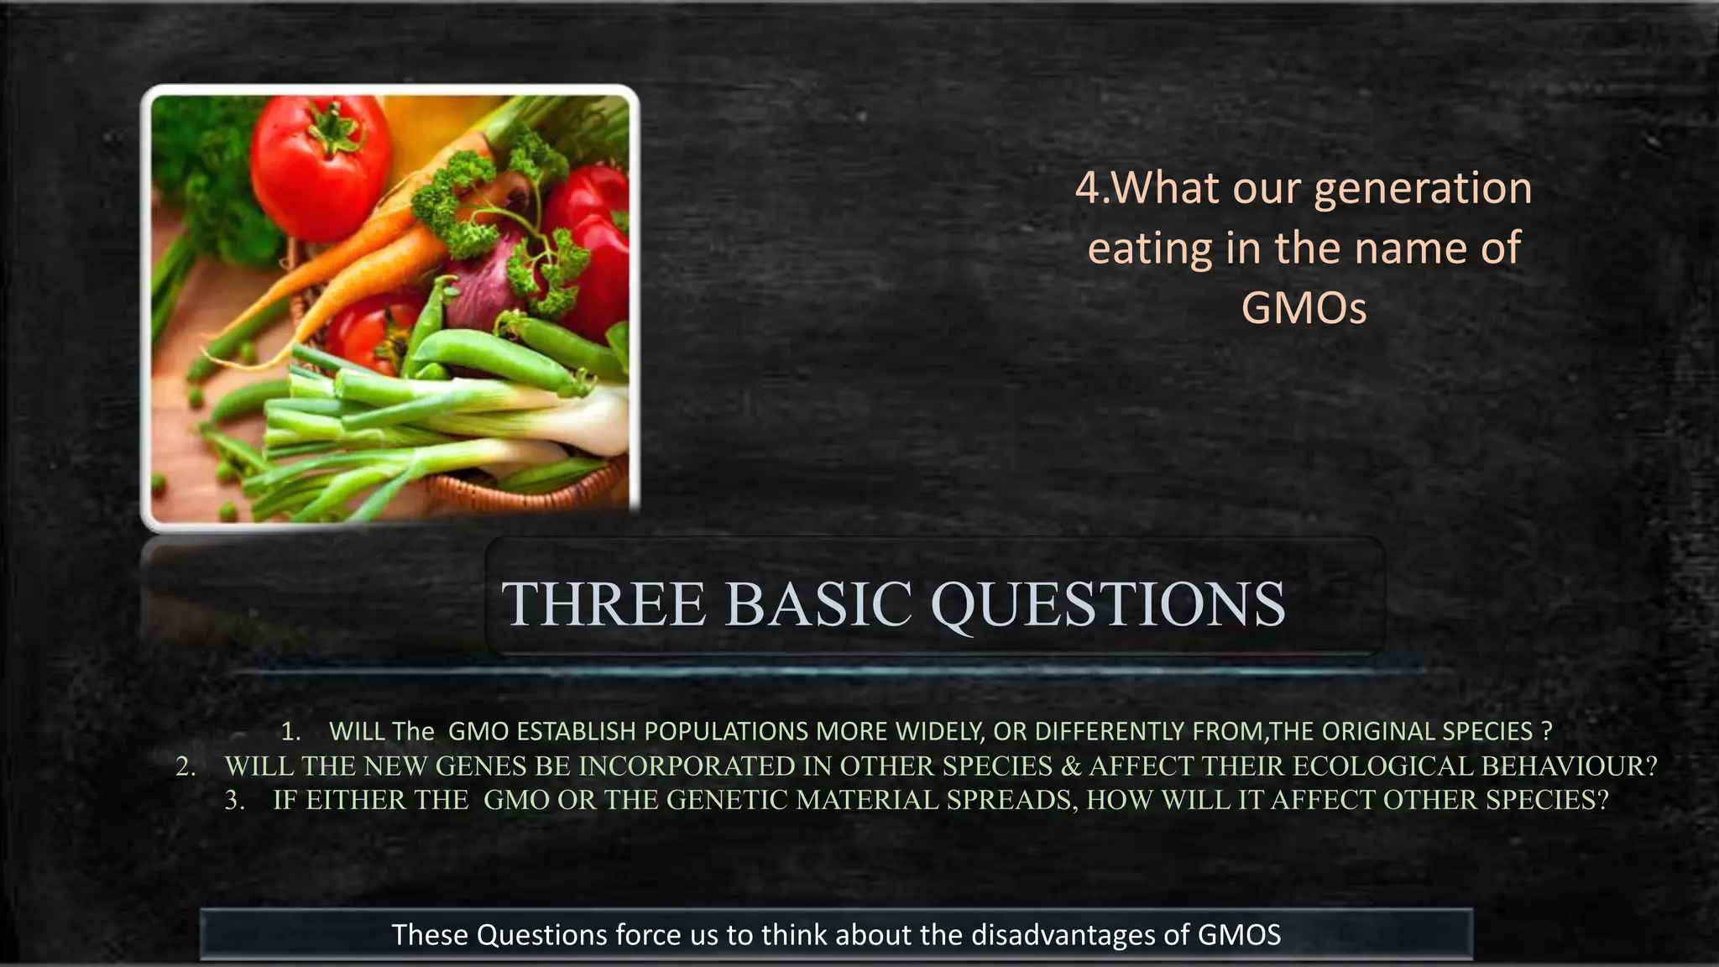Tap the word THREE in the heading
(x=603, y=604)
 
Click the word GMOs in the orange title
(x=1304, y=308)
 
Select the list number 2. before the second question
(x=185, y=766)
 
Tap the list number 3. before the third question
(x=235, y=800)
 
